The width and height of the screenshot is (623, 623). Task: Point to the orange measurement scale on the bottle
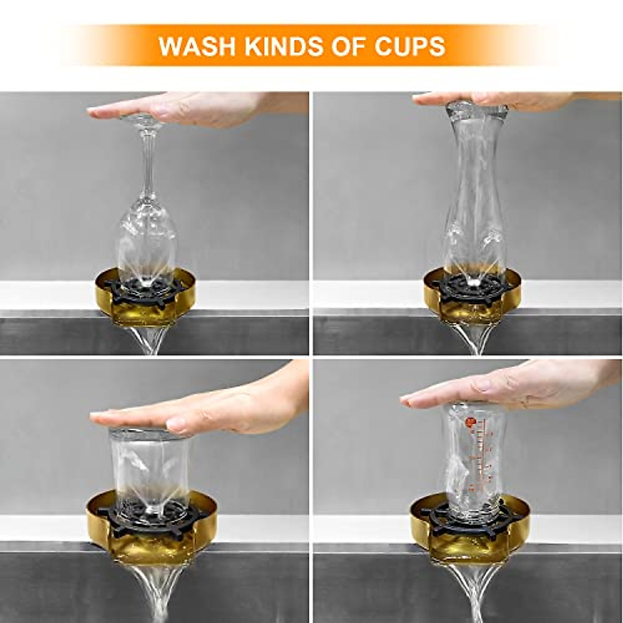pos(480,452)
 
